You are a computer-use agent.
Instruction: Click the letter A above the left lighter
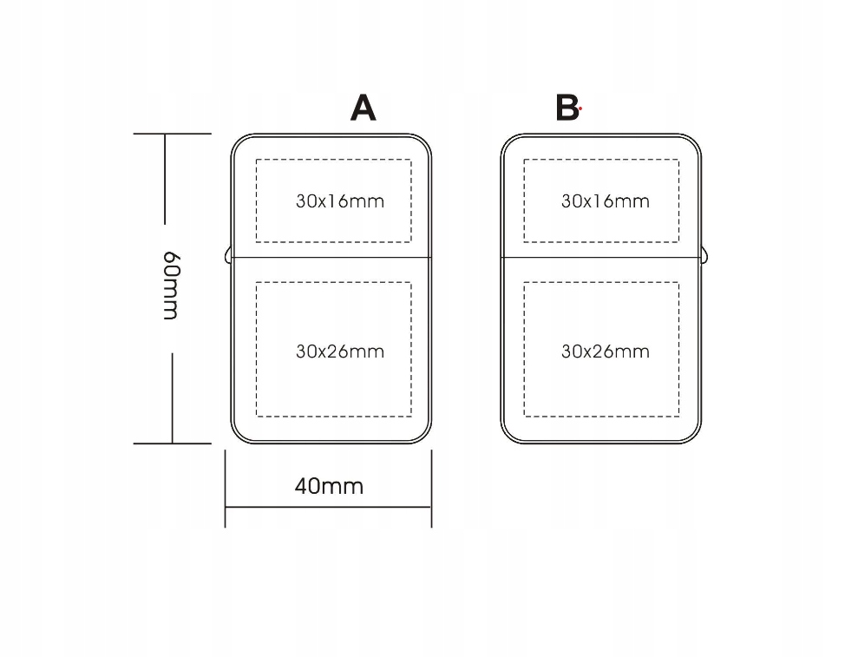pyautogui.click(x=363, y=108)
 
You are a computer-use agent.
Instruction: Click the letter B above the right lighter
pyautogui.click(x=567, y=108)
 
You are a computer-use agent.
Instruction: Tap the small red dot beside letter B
pyautogui.click(x=580, y=110)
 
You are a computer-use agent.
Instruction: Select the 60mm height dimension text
pyautogui.click(x=171, y=286)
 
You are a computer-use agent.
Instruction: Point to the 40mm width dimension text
pyautogui.click(x=329, y=486)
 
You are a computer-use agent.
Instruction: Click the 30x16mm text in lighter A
pyautogui.click(x=339, y=201)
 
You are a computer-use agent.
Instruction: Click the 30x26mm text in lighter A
pyautogui.click(x=339, y=351)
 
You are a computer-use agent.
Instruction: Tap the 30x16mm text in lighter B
pyautogui.click(x=605, y=201)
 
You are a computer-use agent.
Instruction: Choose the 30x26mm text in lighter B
pyautogui.click(x=605, y=351)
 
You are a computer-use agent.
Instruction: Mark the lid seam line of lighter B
pyautogui.click(x=601, y=258)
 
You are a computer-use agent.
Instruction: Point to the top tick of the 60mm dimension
pyautogui.click(x=173, y=134)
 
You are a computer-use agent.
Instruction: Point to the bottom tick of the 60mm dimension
pyautogui.click(x=173, y=443)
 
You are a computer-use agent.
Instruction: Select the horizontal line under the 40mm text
pyautogui.click(x=329, y=507)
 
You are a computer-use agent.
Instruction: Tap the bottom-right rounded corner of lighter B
pyautogui.click(x=694, y=437)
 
